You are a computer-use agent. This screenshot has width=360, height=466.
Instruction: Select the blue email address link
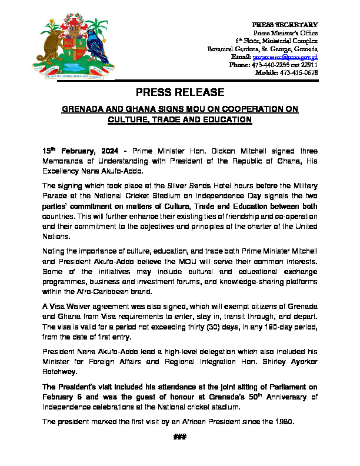point(285,57)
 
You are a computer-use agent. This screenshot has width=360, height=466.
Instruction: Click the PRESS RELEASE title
point(180,92)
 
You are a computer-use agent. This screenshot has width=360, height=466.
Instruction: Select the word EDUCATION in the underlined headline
point(224,119)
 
